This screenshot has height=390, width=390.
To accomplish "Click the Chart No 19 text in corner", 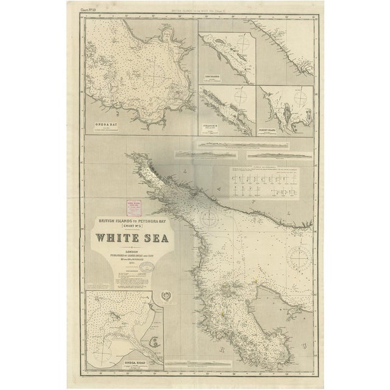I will click(90, 11).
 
